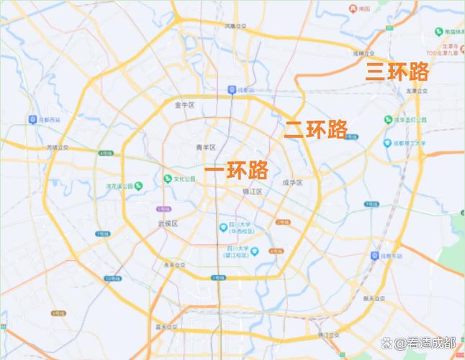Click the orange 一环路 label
[237, 170]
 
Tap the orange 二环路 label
[316, 129]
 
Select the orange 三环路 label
[397, 71]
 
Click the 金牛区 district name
[185, 104]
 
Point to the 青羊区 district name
[206, 147]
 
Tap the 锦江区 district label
[252, 192]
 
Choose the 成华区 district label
[292, 183]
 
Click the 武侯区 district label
[168, 223]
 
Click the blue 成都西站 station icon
[32, 119]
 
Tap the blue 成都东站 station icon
[375, 256]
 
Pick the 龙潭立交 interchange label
[417, 91]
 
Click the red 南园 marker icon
[354, 9]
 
